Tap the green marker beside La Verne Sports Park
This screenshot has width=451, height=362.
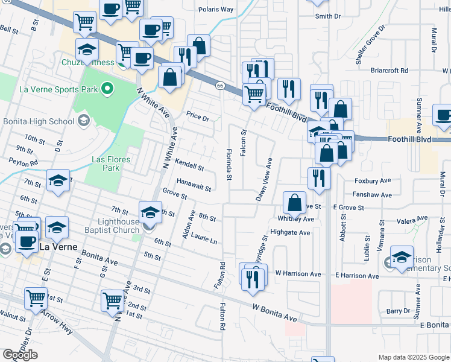click(108, 90)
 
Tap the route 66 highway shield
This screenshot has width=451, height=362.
click(220, 86)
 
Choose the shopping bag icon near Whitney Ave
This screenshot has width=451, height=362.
click(294, 203)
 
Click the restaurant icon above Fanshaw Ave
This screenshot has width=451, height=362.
click(319, 177)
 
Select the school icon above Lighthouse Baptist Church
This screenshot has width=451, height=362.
click(150, 211)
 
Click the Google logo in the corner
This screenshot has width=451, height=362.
click(20, 355)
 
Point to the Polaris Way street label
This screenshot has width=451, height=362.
click(216, 10)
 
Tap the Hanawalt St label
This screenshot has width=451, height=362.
click(194, 186)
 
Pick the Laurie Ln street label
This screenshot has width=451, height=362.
click(204, 240)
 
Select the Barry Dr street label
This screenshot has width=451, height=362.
click(398, 311)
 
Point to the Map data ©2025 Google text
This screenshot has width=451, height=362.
click(413, 357)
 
